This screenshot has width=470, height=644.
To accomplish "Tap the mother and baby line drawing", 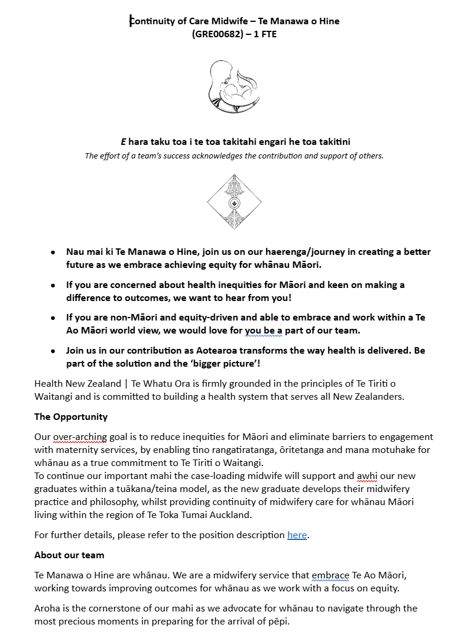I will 234,85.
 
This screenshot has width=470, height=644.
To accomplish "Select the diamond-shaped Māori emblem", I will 234,202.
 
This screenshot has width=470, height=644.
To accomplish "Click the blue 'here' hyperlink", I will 297,535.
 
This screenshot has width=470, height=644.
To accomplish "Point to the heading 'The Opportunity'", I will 71,416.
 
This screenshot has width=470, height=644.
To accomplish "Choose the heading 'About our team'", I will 69,555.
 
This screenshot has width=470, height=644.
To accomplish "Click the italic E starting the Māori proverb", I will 124,141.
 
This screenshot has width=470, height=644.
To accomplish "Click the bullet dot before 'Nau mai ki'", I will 53,252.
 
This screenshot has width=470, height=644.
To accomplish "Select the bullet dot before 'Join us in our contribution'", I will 53,351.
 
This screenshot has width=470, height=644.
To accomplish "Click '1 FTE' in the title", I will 264,34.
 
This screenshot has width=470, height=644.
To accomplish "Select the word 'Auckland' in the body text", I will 232,514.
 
